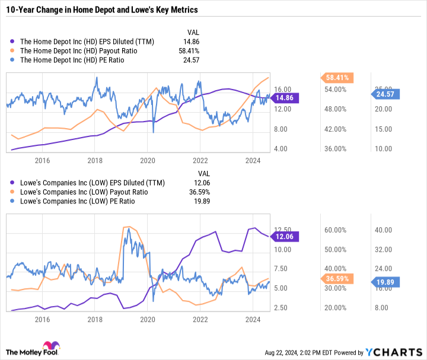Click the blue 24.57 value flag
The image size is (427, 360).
389,93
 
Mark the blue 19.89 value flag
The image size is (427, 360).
389,282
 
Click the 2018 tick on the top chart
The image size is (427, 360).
94,160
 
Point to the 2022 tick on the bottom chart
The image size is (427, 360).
200,319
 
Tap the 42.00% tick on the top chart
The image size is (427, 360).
339,129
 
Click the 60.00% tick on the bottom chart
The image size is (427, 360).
339,230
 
